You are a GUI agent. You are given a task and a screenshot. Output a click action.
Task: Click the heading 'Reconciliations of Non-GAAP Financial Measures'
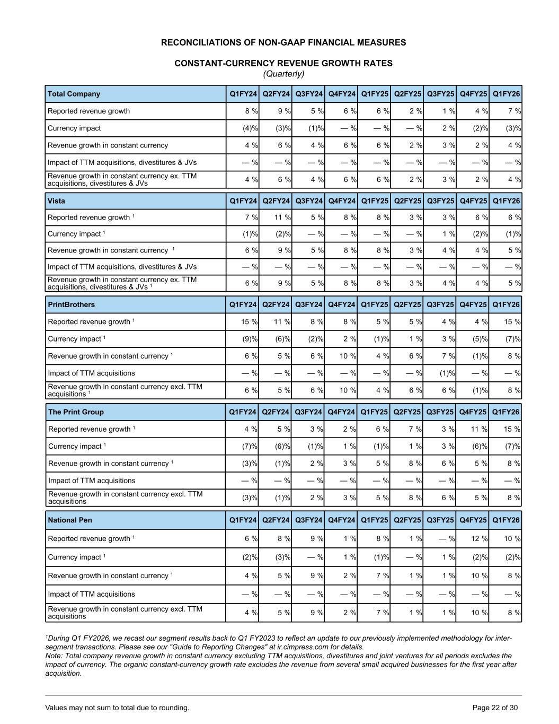[x=283, y=42]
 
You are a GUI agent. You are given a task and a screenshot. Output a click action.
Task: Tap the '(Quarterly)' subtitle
[x=283, y=74]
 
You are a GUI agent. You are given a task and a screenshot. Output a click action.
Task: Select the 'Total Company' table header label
[x=74, y=94]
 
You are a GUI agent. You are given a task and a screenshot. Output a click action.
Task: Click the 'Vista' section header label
[x=56, y=201]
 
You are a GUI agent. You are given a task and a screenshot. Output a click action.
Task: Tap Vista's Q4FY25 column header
[x=473, y=201]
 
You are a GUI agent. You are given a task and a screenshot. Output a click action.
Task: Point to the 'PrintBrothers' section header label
[x=72, y=304]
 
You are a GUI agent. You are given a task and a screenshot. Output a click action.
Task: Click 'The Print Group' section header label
[x=76, y=412]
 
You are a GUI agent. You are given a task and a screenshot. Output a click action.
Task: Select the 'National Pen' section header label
[x=70, y=520]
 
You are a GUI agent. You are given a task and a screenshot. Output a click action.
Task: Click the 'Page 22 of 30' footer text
[x=495, y=708]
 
